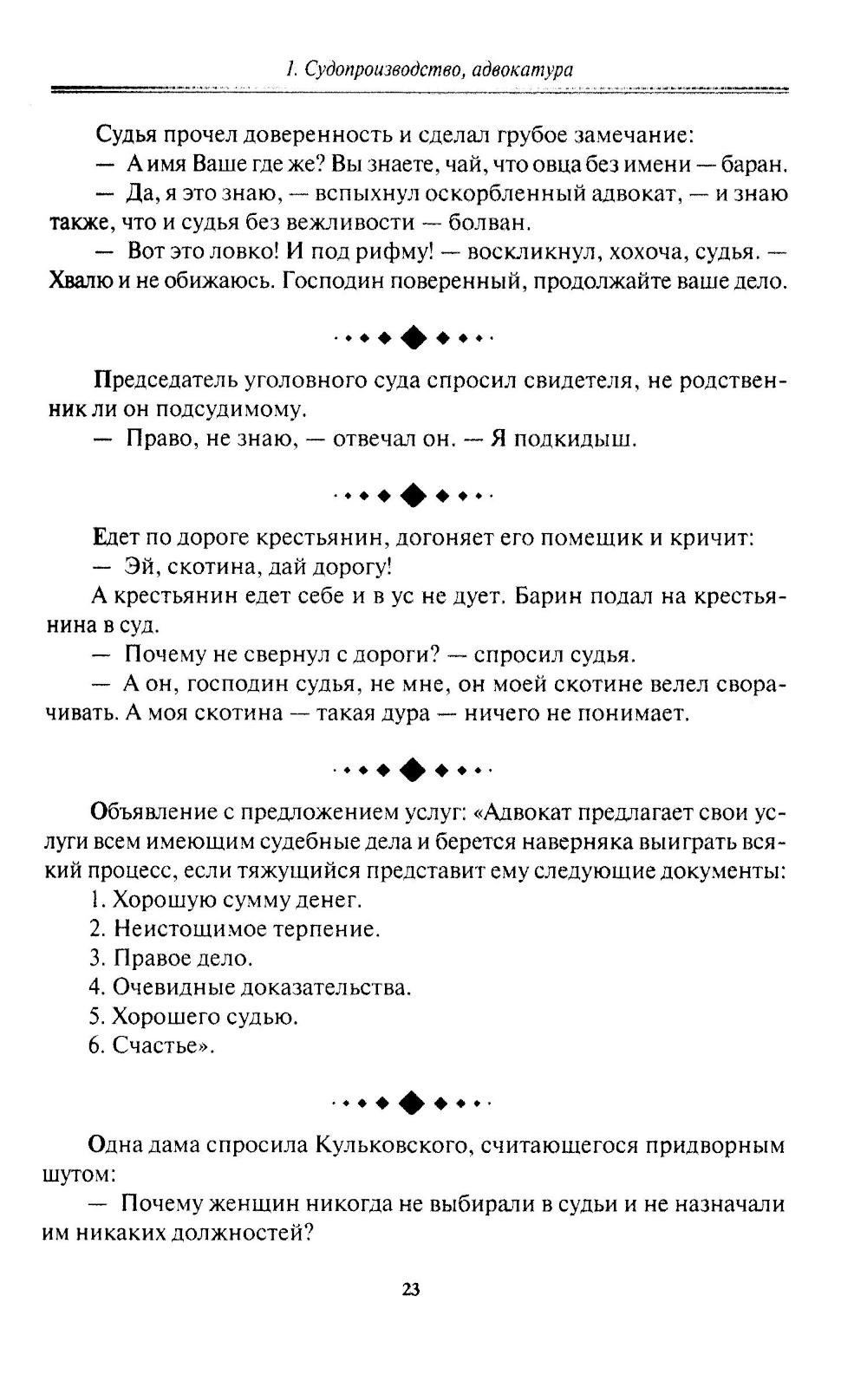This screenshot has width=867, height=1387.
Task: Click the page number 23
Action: pyautogui.click(x=411, y=1289)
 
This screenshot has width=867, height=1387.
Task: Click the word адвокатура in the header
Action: pyautogui.click(x=525, y=69)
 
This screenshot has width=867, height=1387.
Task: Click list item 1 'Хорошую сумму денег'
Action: pyautogui.click(x=225, y=900)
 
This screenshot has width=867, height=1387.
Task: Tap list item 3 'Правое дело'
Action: pyautogui.click(x=172, y=958)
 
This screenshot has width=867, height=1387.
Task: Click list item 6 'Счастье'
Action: pyautogui.click(x=153, y=1045)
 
